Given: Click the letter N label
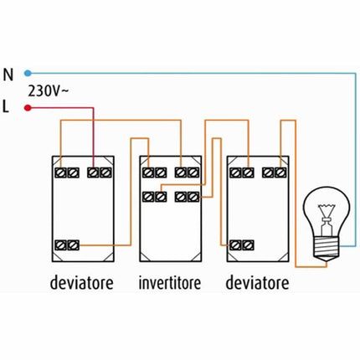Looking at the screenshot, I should click(8, 73).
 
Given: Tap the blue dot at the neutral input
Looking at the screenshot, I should click(28, 73).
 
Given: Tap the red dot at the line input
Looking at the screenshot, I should click(28, 108).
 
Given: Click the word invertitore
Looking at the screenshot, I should click(170, 283).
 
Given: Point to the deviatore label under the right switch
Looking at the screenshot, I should click(258, 283).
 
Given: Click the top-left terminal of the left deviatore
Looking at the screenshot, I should click(66, 172).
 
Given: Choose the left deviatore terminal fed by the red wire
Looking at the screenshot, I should click(98, 172).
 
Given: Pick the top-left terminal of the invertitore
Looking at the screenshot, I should click(153, 172).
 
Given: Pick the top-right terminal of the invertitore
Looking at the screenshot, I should click(187, 172).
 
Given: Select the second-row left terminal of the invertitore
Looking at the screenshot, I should click(153, 198).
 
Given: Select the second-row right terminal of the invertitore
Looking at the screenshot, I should click(187, 198).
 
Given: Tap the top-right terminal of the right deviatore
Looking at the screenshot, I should click(274, 172).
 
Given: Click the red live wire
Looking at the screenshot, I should click(63, 108).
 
